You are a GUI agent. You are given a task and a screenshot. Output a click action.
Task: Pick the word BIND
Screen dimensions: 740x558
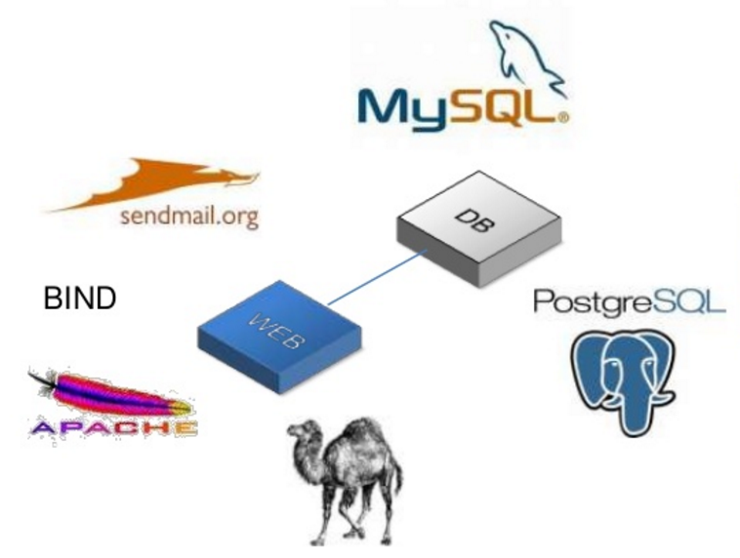(x=80, y=299)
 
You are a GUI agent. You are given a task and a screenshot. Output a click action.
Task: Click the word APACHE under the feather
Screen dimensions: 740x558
(x=112, y=427)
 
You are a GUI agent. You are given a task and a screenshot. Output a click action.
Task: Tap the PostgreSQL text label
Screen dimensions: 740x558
(x=629, y=300)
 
